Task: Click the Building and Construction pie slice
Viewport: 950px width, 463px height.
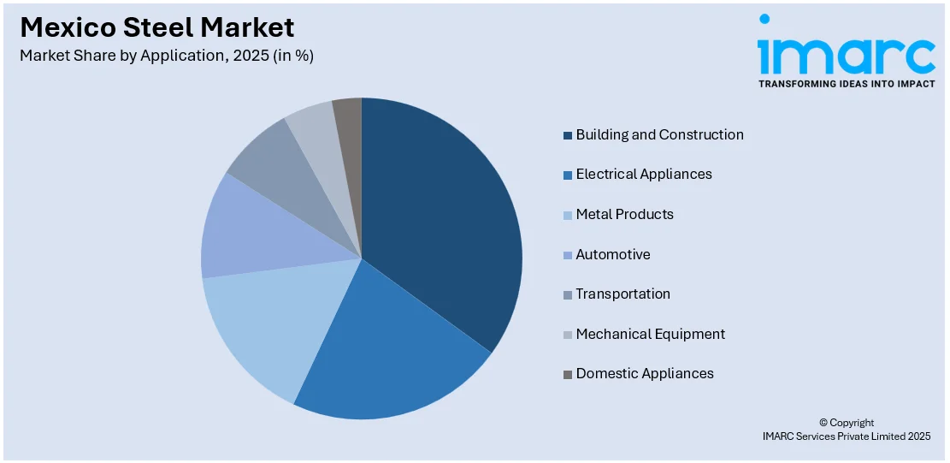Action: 440,223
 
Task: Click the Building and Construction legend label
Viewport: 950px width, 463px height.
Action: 659,134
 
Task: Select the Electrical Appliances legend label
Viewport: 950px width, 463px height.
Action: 644,174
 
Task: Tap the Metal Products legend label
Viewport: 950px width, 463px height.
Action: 624,214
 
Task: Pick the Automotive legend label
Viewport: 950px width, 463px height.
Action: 613,254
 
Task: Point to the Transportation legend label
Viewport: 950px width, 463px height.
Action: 623,294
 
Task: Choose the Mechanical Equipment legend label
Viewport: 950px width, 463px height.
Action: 650,334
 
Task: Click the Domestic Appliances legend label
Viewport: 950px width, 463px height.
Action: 645,373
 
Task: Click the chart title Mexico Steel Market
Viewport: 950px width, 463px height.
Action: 157,27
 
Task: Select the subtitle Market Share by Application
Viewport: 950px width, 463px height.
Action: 167,56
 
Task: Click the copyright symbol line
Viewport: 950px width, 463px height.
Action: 847,423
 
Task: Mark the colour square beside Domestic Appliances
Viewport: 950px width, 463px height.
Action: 568,374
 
